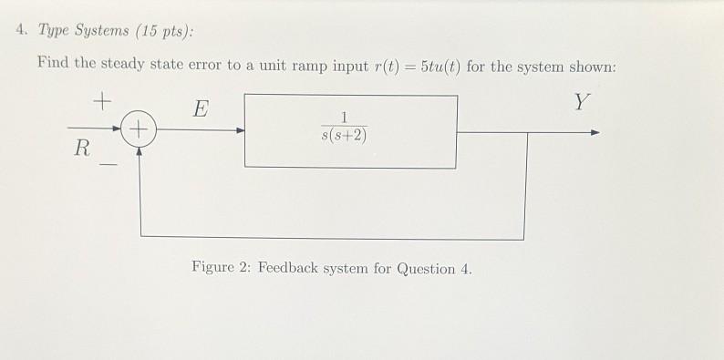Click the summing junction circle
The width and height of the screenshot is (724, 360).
(140, 131)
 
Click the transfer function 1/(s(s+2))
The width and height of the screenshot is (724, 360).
(345, 129)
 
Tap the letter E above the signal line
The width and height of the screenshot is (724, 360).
(201, 111)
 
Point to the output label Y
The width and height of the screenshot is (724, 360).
(581, 102)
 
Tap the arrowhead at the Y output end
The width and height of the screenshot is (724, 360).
(595, 132)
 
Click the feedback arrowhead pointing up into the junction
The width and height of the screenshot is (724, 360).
(140, 152)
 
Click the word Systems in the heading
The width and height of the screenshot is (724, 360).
(100, 31)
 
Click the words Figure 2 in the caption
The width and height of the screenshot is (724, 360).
(220, 269)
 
